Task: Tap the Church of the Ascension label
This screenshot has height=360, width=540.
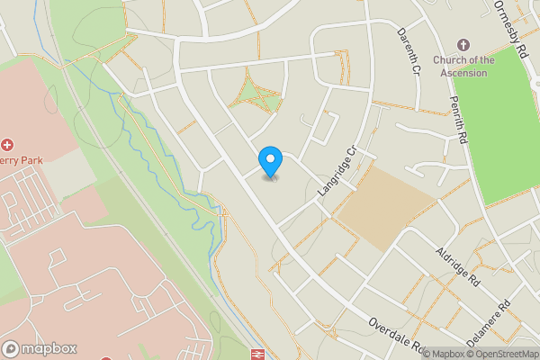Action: coord(463,67)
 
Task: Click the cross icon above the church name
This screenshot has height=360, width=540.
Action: coord(463,45)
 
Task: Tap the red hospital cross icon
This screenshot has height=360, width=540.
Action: coord(8,144)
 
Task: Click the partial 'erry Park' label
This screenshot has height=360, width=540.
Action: coord(22,159)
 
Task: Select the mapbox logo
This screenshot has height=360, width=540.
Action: coord(40,348)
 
